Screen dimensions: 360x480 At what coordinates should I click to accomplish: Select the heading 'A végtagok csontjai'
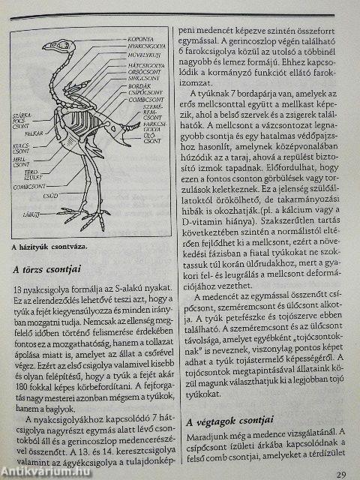tap(232, 419)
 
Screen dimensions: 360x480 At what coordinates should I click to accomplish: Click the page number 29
tap(340, 474)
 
